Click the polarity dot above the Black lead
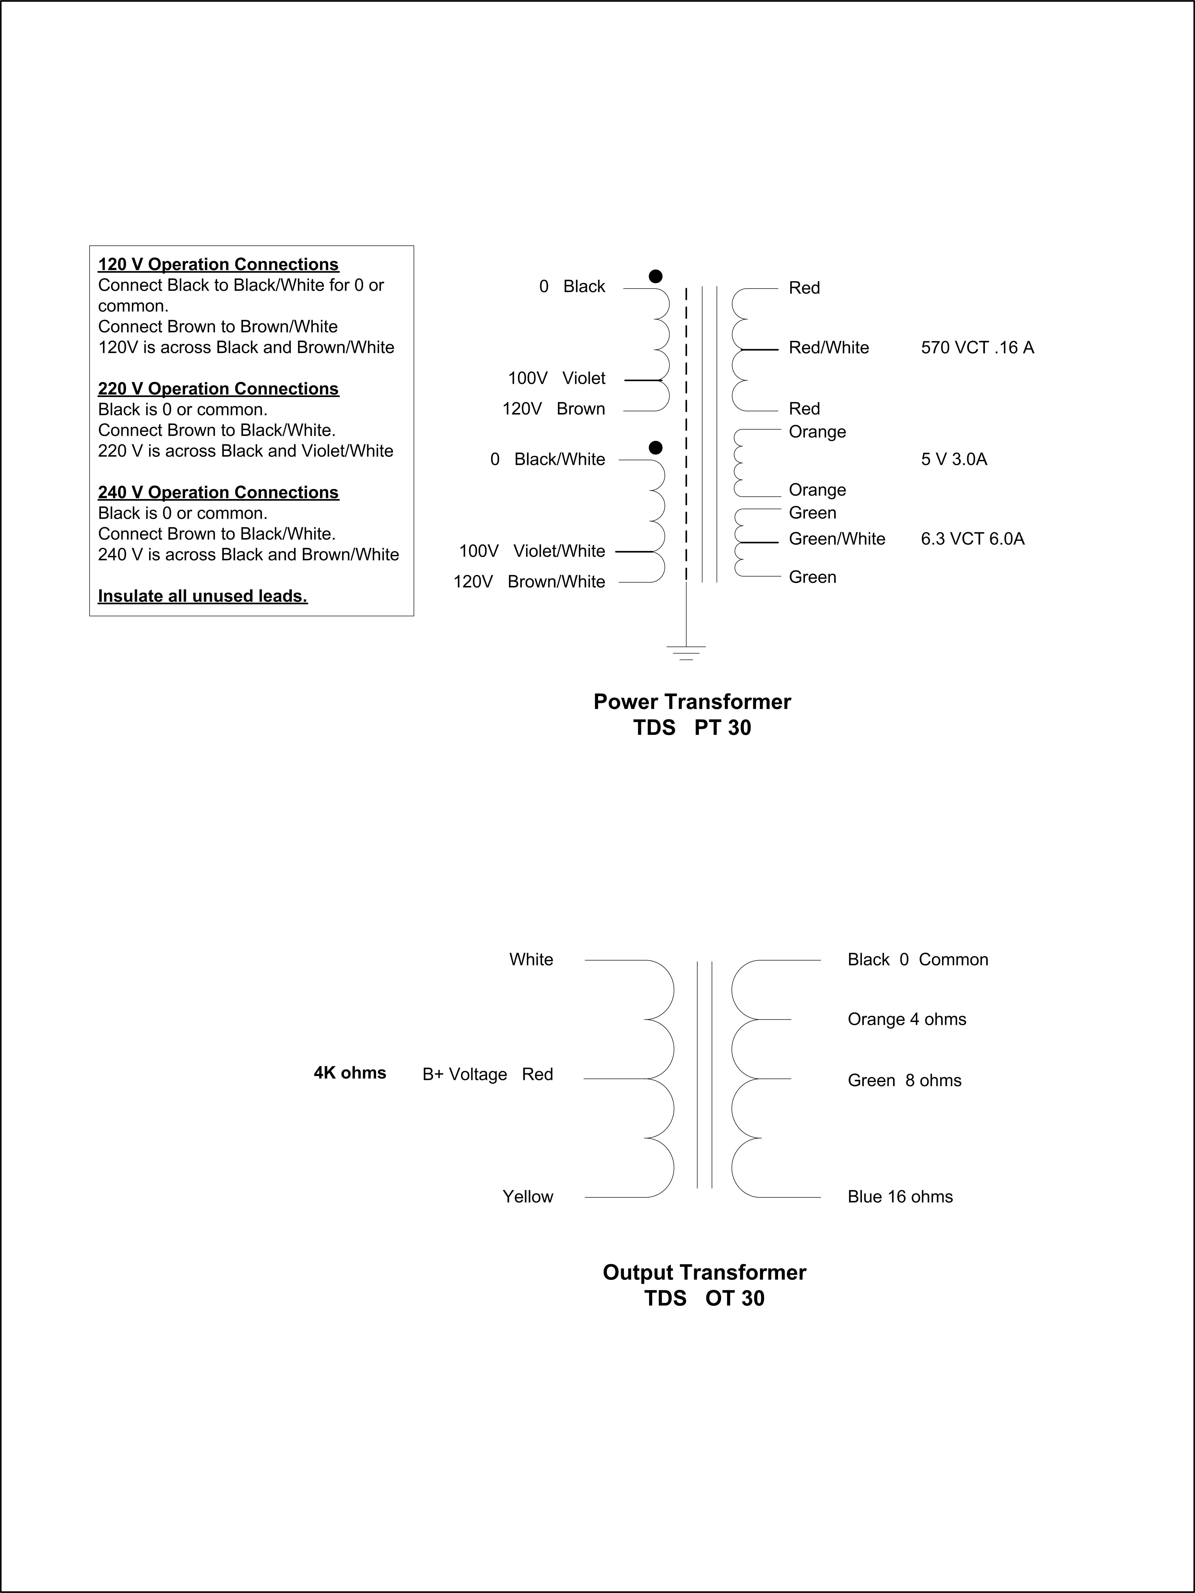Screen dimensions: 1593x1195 (656, 277)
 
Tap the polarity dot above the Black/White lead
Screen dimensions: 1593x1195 (656, 448)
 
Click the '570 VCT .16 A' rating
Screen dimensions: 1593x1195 (977, 348)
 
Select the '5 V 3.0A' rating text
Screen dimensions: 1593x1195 (954, 459)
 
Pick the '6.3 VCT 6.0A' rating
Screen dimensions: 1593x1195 (973, 539)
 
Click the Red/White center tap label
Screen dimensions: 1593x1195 (828, 348)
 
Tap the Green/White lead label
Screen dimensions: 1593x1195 (836, 539)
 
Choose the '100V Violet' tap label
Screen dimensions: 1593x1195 (556, 378)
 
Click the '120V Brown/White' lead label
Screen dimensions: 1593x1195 (529, 582)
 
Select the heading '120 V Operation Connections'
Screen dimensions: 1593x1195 (218, 264)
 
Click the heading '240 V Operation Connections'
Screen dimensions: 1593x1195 (218, 493)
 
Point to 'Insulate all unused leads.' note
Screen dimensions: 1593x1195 (203, 596)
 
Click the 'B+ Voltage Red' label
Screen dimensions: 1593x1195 (488, 1075)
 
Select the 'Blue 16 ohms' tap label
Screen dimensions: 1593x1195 (900, 1197)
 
